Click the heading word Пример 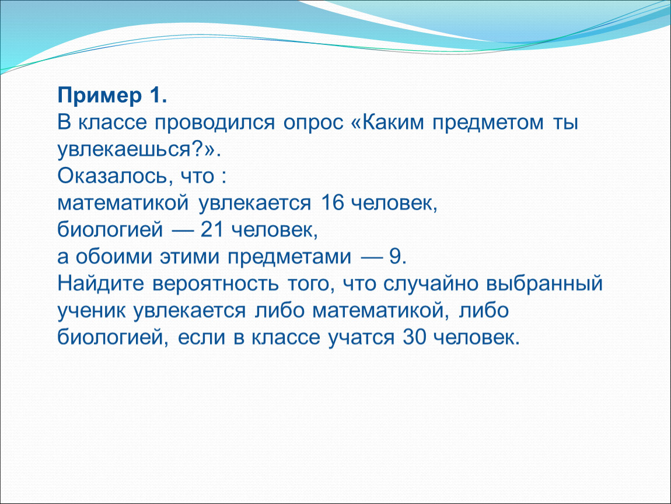(100, 96)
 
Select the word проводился (214, 123)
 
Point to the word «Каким (387, 123)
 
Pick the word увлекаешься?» (139, 150)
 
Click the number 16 (332, 202)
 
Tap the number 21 (212, 230)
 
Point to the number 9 (395, 257)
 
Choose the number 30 (415, 337)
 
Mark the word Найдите (100, 283)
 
